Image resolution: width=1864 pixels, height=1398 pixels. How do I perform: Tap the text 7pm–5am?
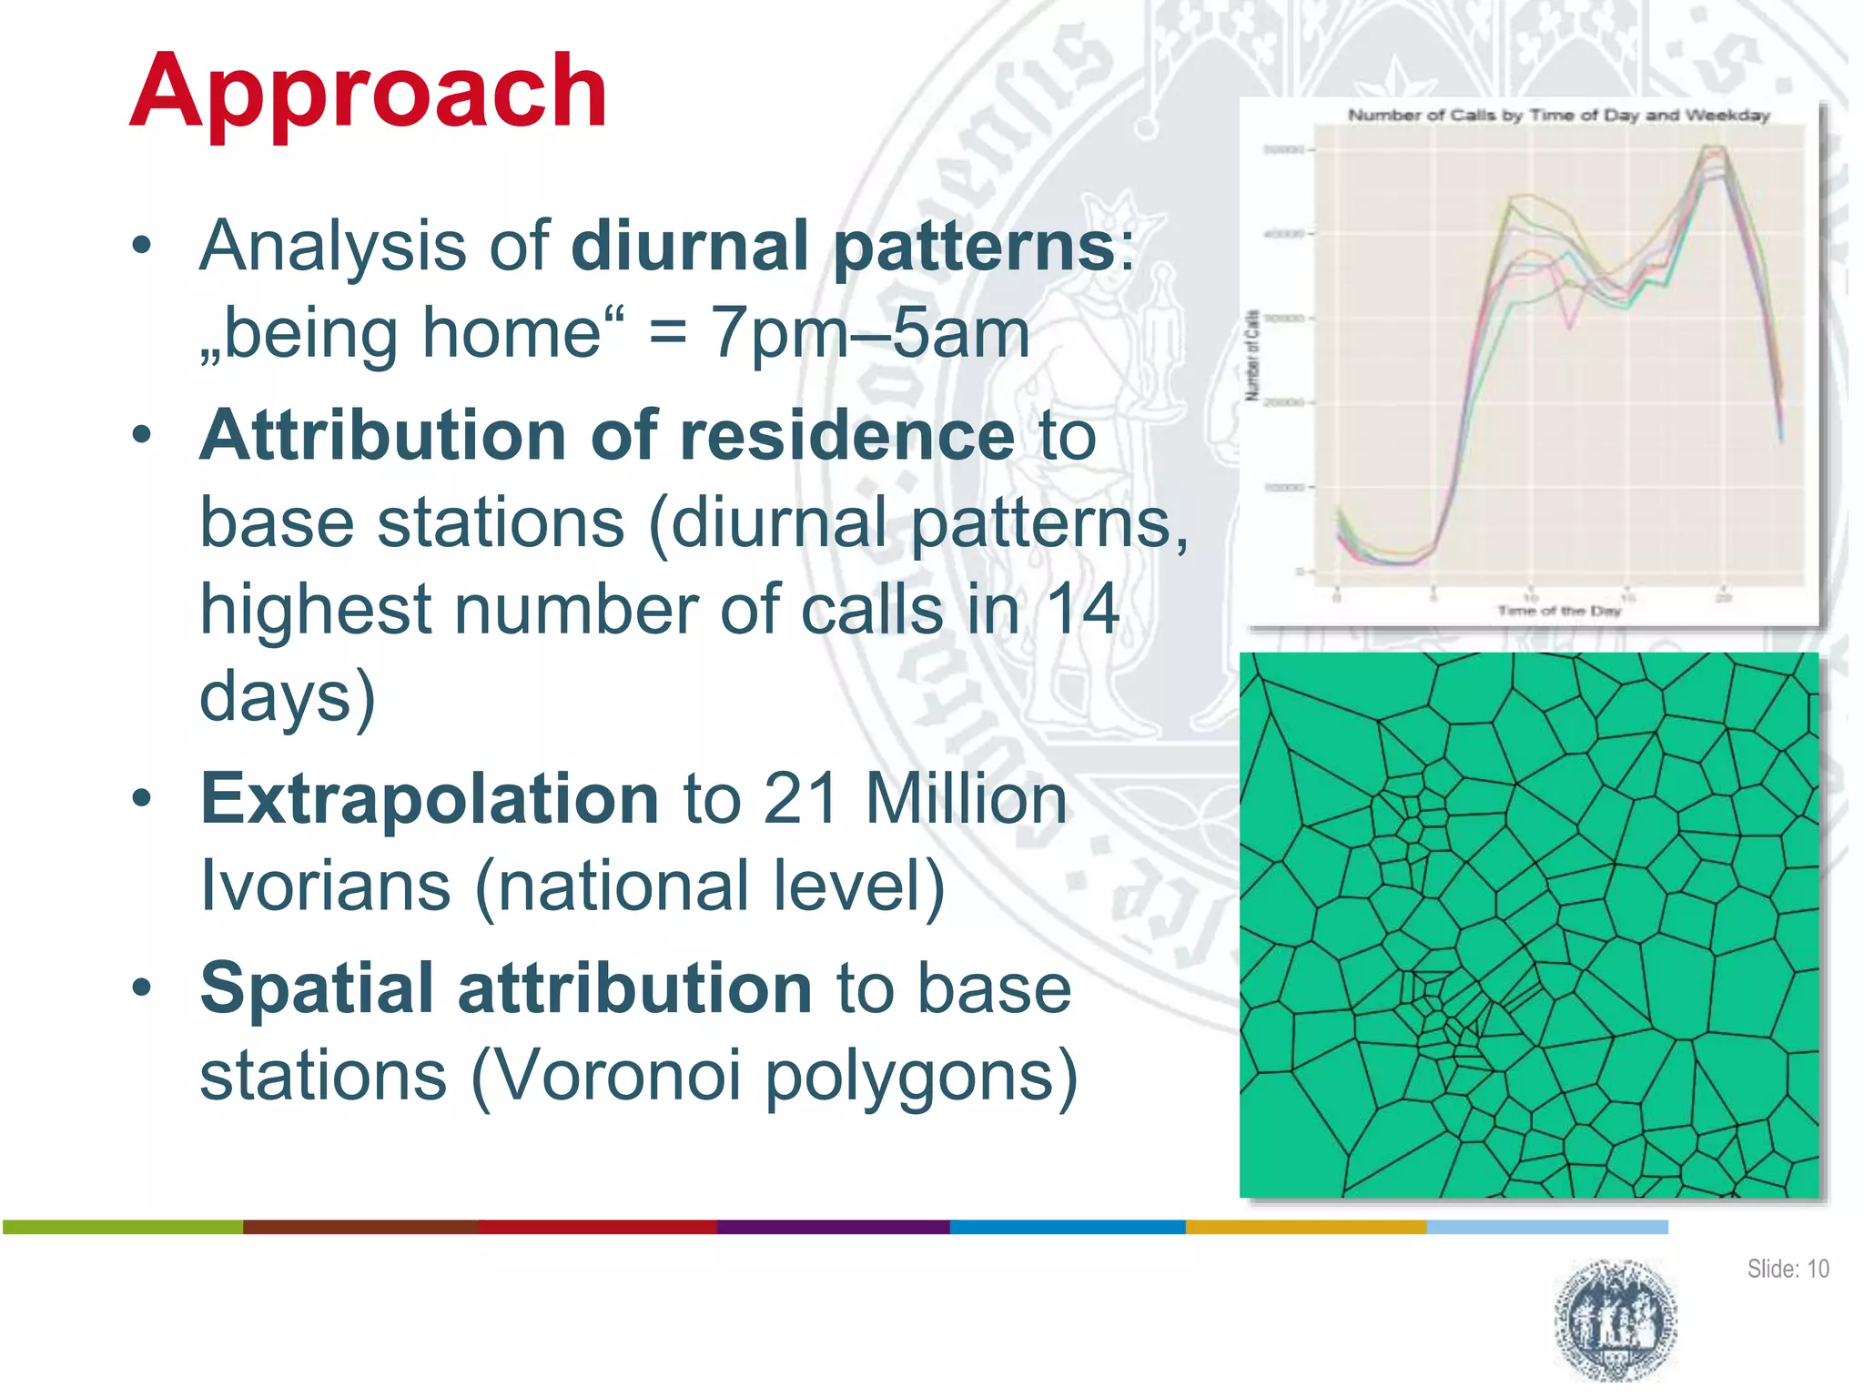pyautogui.click(x=869, y=333)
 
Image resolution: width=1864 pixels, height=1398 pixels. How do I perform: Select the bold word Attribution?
pyautogui.click(x=382, y=435)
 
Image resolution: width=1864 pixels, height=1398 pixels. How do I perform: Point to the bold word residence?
pyautogui.click(x=846, y=435)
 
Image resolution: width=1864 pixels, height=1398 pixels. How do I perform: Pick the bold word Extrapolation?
pyautogui.click(x=429, y=798)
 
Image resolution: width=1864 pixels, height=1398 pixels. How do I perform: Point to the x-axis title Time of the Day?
pyautogui.click(x=1558, y=611)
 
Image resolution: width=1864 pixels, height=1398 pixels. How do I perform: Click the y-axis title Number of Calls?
pyautogui.click(x=1252, y=355)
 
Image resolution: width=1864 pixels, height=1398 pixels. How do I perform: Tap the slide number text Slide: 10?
pyautogui.click(x=1787, y=1269)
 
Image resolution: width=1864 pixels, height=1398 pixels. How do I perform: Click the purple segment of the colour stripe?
pyautogui.click(x=833, y=1227)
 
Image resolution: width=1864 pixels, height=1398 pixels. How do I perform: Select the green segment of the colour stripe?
pyautogui.click(x=123, y=1227)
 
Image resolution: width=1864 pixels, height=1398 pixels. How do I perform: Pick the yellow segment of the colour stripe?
pyautogui.click(x=1305, y=1227)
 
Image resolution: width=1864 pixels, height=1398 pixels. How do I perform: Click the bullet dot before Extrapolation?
pyautogui.click(x=141, y=798)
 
